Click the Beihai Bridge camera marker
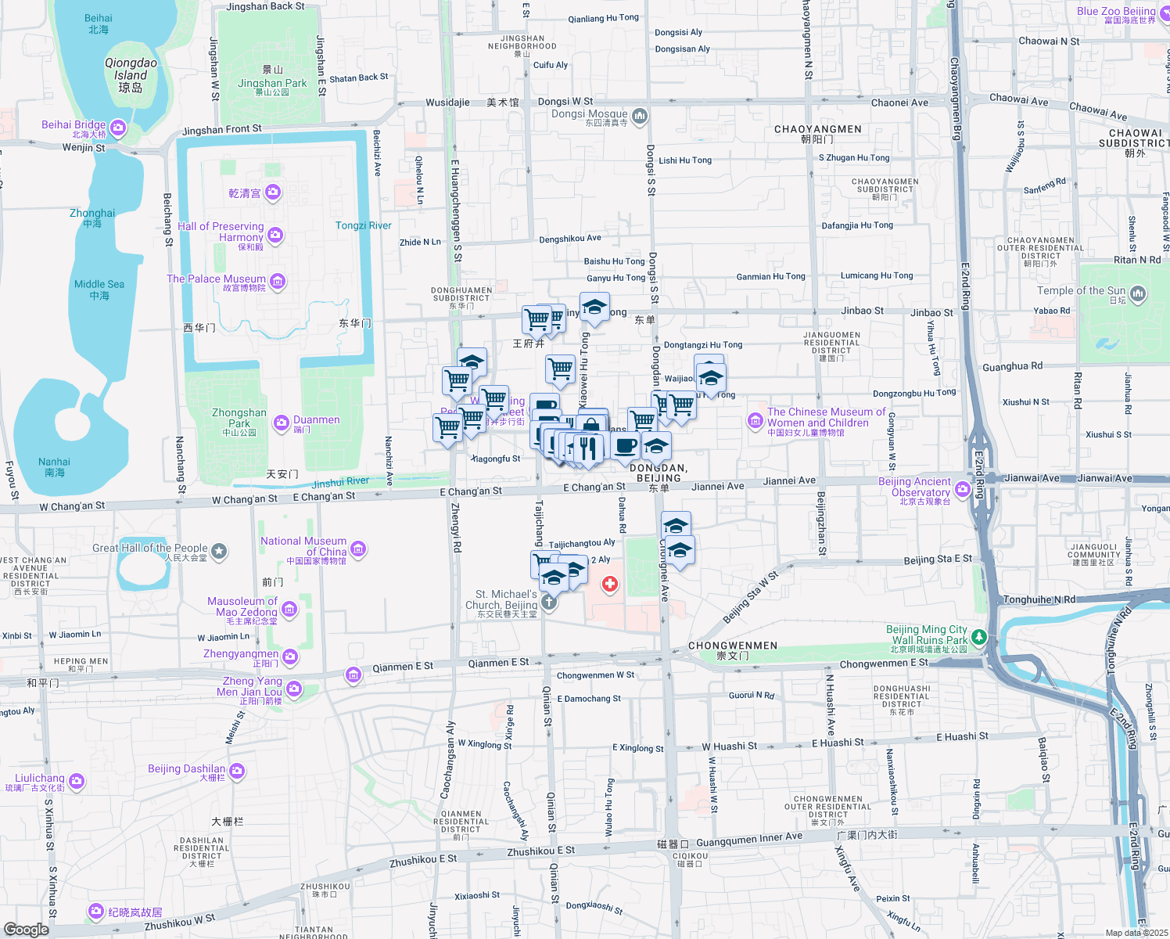118,128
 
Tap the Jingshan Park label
272,83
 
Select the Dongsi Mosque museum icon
640,117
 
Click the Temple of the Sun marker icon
1138,293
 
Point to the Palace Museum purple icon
278,282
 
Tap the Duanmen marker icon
282,423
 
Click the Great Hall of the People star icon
219,551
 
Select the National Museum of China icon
358,549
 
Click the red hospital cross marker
610,584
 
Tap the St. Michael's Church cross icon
549,602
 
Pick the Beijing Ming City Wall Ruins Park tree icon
978,639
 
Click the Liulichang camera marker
77,781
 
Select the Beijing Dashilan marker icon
237,772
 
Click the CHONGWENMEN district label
733,646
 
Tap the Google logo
27,929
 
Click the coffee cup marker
625,446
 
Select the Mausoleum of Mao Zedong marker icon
289,610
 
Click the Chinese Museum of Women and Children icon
755,421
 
